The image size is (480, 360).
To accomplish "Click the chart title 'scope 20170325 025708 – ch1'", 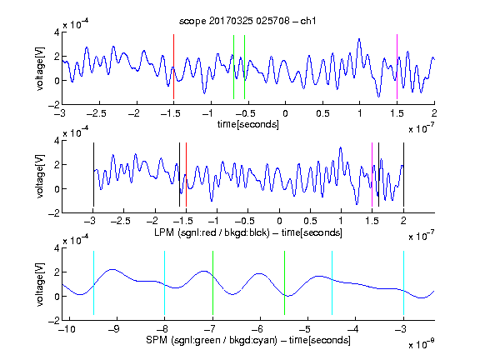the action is tap(247, 21).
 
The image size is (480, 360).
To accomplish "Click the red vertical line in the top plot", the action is tap(173, 67).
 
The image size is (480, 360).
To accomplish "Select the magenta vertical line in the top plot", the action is tap(397, 67).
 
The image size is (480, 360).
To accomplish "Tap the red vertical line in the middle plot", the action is tap(186, 175).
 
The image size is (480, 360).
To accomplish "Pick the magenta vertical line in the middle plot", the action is tap(372, 175).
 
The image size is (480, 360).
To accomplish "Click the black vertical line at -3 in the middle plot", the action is tap(93, 175).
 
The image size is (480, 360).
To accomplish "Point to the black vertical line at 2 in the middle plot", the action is tap(403, 175).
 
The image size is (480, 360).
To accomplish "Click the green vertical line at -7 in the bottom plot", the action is tap(212, 282).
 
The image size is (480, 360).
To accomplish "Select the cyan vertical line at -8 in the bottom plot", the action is tap(165, 282).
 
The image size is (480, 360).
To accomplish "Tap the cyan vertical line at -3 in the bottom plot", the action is tap(403, 282).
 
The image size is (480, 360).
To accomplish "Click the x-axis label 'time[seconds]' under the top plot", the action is tap(248, 124).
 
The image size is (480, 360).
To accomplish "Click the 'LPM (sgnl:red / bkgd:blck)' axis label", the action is tap(212, 232).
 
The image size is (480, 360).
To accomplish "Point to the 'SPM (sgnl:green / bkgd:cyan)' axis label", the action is tap(212, 340).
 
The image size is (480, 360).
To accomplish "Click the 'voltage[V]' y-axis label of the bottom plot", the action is tap(40, 284).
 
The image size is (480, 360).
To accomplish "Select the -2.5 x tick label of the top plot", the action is tap(97, 113).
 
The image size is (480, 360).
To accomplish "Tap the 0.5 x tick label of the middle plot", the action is tap(310, 222).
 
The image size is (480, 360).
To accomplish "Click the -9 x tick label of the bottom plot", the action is tap(114, 329).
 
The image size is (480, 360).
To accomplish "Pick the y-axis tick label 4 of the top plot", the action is tap(57, 32).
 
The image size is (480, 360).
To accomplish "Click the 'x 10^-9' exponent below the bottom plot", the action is tap(422, 344).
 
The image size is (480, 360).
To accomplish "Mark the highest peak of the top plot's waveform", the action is tap(359, 39).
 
